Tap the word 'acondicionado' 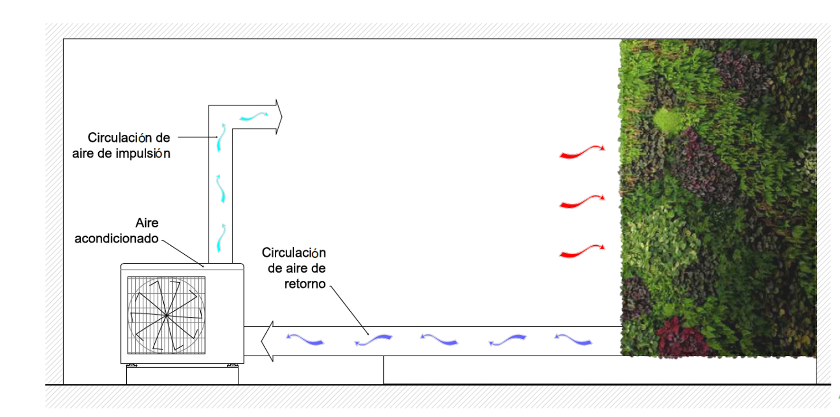116,238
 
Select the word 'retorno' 305,284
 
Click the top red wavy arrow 582,152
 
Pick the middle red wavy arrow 582,202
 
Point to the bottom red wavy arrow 582,251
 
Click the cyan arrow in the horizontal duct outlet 253,116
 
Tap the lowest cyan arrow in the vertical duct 221,237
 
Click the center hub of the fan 166,315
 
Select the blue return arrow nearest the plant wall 573,339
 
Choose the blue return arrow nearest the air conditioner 305,339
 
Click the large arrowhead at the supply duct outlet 279,117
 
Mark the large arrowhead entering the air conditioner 268,341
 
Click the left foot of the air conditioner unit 131,365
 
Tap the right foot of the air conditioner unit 233,365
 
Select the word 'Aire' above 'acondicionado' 147,223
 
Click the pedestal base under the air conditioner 182,375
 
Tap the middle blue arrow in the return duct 439,339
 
